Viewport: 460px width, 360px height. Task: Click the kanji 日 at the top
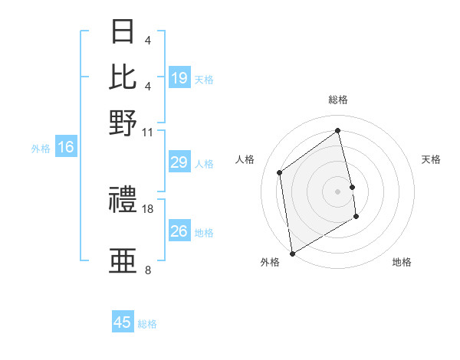tap(123, 31)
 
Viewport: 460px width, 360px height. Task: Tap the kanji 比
tap(123, 76)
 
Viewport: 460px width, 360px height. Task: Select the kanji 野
tap(123, 122)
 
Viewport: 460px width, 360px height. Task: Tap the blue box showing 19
tap(179, 78)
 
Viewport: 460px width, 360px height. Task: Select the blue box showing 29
tap(179, 163)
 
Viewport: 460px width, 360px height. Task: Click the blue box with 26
tap(179, 232)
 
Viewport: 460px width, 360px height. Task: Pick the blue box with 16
tap(66, 148)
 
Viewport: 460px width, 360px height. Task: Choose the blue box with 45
tap(123, 322)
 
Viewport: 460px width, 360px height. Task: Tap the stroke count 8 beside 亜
tap(147, 270)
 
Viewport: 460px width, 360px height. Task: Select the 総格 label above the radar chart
tap(337, 100)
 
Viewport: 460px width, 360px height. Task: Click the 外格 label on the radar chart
tap(270, 263)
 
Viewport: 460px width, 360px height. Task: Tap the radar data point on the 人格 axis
tap(280, 172)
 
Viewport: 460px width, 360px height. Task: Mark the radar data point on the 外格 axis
tap(292, 253)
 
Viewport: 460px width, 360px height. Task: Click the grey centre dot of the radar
tap(337, 191)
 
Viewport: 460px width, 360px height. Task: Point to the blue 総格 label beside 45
tap(147, 324)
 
